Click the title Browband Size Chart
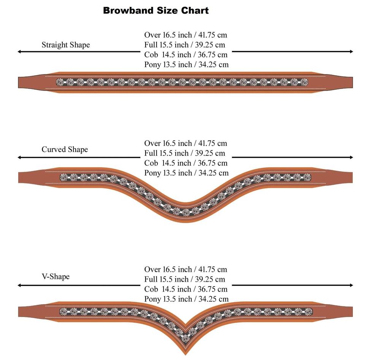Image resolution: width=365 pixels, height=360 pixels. [156, 10]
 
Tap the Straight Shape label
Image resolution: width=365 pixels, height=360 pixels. [66, 45]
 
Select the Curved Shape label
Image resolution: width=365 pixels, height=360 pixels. [65, 149]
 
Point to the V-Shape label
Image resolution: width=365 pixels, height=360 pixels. [56, 276]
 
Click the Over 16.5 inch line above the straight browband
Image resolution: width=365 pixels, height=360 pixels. [186, 35]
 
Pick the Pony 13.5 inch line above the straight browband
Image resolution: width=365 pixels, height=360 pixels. [186, 64]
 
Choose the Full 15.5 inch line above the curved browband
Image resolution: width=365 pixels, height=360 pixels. [185, 153]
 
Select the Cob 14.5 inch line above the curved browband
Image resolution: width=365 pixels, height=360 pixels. [186, 163]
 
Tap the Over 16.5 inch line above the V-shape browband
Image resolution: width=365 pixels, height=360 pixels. [186, 270]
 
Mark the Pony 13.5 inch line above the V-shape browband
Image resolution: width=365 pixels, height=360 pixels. [186, 299]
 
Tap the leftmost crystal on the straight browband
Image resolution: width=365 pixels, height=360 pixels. [60, 82]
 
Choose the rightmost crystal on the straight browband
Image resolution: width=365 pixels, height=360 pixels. [304, 82]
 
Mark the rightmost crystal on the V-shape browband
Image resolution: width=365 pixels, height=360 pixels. [308, 312]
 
